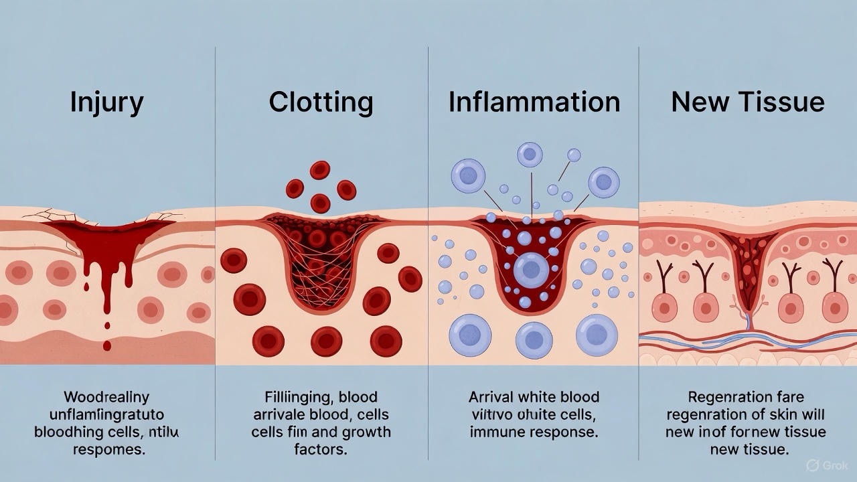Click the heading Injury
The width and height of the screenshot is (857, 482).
click(106, 102)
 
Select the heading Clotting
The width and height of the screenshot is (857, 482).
click(321, 102)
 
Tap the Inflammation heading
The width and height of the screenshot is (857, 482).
click(534, 102)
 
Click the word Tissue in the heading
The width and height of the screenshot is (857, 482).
click(786, 102)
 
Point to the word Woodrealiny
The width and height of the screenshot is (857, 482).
click(107, 397)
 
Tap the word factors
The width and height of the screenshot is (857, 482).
click(321, 449)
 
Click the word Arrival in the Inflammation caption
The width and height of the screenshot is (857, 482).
click(495, 397)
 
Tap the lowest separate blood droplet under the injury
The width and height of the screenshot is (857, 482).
click(107, 345)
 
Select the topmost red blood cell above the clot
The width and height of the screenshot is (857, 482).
click(320, 170)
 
